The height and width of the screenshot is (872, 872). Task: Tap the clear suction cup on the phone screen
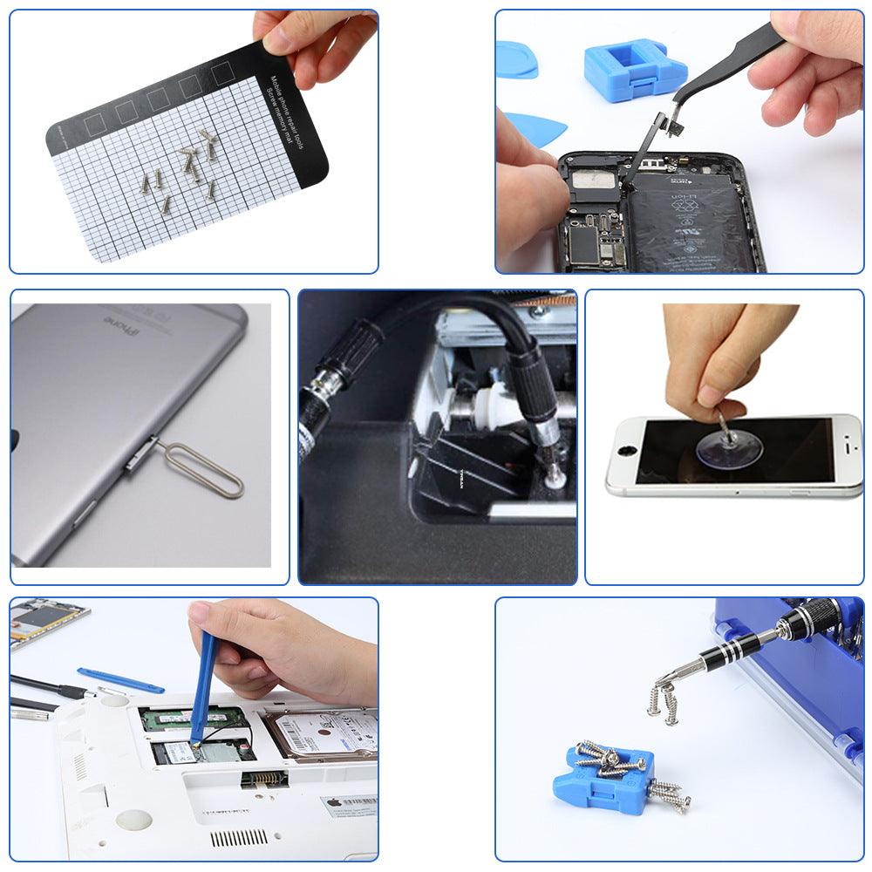coord(728,446)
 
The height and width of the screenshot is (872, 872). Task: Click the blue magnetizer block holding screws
coord(599,780)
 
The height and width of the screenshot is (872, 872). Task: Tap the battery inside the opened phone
coord(689,227)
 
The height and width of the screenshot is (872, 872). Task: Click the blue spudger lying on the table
coord(119,679)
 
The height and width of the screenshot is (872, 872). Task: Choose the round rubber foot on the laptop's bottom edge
coord(133,819)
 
